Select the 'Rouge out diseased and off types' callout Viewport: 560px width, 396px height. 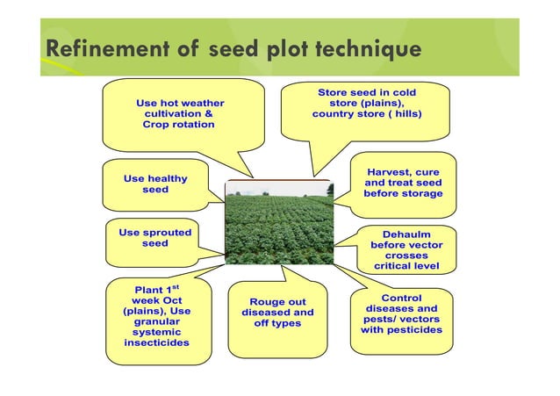[x=276, y=313]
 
